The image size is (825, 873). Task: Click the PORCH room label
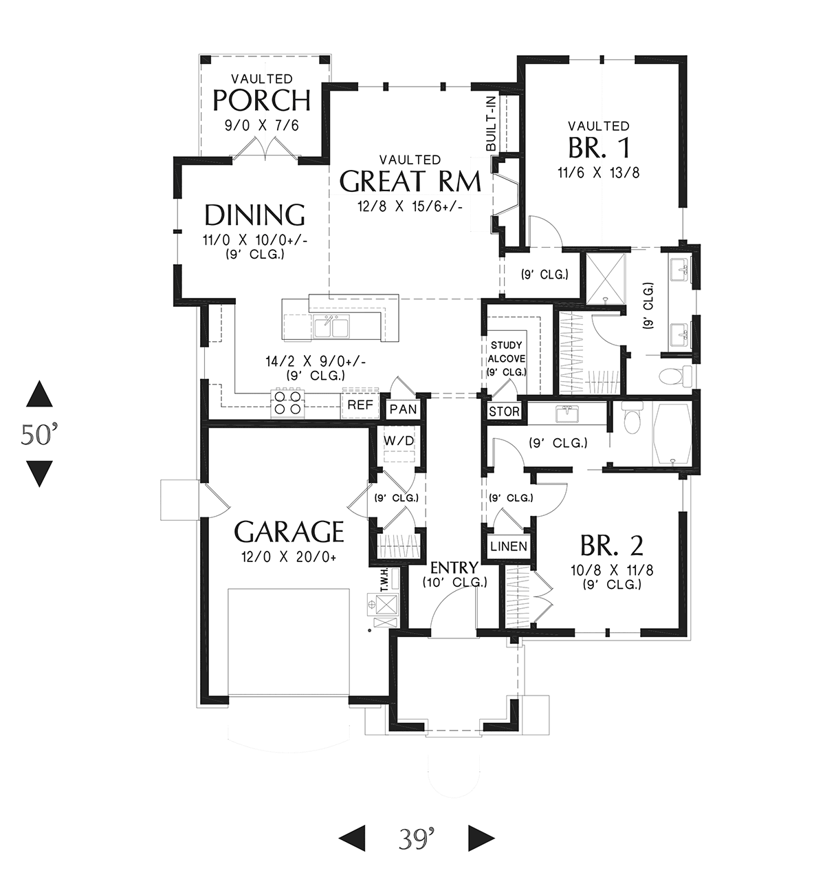[x=261, y=101]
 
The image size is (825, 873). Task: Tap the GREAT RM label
[x=410, y=182]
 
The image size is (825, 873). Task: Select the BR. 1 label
[x=599, y=148]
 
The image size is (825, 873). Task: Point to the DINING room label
[x=255, y=215]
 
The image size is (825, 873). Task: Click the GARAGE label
[x=289, y=532]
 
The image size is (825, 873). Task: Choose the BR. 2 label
[x=612, y=546]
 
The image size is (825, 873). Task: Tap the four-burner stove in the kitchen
[x=288, y=402]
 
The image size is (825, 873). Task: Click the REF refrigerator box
[x=360, y=404]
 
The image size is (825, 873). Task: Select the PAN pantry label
[x=404, y=409]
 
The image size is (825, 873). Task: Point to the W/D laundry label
[x=399, y=441]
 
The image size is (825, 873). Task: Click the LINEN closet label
[x=509, y=546]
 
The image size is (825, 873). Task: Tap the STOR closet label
[x=504, y=411]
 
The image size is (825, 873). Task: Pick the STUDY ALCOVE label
[x=507, y=358]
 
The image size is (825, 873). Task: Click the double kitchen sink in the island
[x=331, y=326]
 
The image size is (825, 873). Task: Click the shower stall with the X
[x=606, y=279]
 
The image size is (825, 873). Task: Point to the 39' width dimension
[x=416, y=839]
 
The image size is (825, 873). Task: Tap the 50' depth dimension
[x=39, y=434]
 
